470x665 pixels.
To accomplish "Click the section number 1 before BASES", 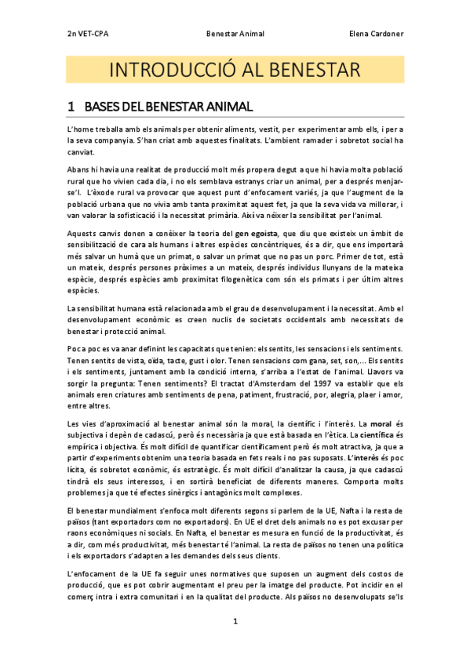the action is [71, 105].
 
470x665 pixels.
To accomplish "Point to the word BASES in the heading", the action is [101, 105].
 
